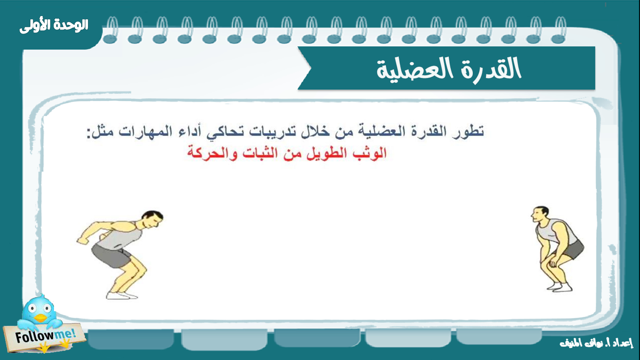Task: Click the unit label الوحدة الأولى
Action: click(54, 26)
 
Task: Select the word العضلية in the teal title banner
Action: click(414, 70)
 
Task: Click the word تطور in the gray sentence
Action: click(468, 132)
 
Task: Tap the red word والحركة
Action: click(212, 154)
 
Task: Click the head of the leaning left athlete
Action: click(152, 220)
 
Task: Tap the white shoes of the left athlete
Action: click(122, 296)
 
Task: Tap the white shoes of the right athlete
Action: click(560, 287)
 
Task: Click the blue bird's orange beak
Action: click(40, 318)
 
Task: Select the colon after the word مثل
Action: click(90, 134)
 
